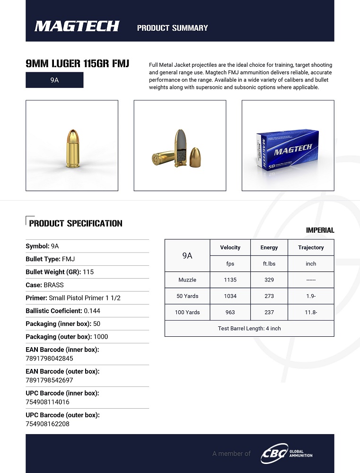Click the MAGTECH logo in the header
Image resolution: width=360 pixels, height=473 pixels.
click(x=77, y=26)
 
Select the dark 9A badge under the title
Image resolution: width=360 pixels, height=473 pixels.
click(x=54, y=80)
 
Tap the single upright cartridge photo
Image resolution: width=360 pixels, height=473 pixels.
click(x=72, y=146)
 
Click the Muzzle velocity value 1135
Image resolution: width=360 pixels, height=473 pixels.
click(x=230, y=280)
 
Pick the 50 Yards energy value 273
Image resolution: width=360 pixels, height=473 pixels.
click(x=269, y=296)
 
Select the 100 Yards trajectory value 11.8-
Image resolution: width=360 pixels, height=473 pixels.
click(x=311, y=312)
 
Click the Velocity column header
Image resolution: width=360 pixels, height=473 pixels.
click(x=230, y=247)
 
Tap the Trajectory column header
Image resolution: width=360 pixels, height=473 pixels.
click(x=311, y=247)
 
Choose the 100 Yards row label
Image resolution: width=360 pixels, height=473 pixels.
click(x=187, y=312)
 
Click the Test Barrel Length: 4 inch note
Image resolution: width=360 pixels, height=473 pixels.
click(x=249, y=328)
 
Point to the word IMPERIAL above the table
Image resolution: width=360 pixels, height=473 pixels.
click(x=320, y=230)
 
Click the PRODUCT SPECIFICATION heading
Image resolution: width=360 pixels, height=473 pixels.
click(x=76, y=223)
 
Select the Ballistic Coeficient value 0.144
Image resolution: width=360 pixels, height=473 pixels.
click(x=92, y=311)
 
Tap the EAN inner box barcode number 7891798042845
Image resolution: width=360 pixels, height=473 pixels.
click(x=49, y=359)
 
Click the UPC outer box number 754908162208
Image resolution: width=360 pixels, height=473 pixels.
click(x=47, y=424)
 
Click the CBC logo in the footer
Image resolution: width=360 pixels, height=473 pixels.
click(x=275, y=454)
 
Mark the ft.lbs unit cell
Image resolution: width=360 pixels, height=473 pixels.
click(x=269, y=263)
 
